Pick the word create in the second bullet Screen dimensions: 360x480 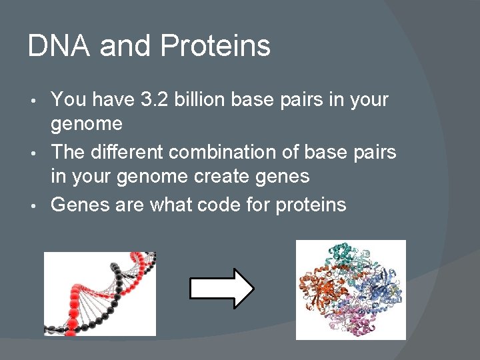[x=221, y=176]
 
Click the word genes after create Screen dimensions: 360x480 [x=281, y=177]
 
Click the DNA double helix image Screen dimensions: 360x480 [x=99, y=293]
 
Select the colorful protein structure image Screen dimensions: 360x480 [x=351, y=289]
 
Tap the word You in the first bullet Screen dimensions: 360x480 [x=68, y=100]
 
